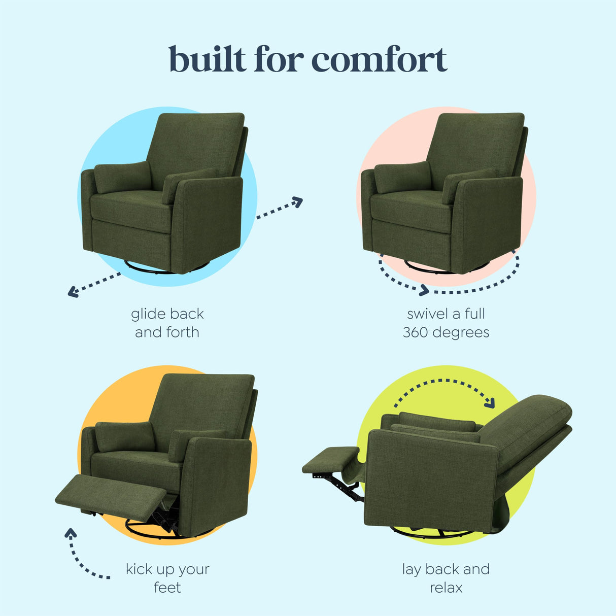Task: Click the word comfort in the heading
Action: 379,60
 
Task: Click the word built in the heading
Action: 208,59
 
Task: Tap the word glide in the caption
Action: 146,314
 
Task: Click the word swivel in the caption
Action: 425,314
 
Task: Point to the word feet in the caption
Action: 167,588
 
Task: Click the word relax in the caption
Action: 446,588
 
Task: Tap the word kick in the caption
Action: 139,569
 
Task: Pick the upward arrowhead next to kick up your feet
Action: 71,533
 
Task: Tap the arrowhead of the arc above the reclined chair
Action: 490,403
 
